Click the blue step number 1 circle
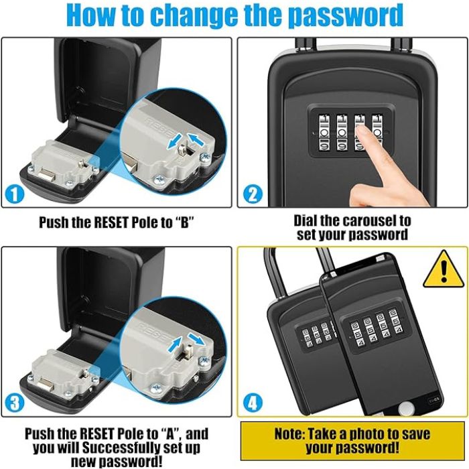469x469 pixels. pyautogui.click(x=14, y=195)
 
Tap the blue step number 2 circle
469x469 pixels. pyautogui.click(x=253, y=195)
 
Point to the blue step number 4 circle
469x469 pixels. pyautogui.click(x=253, y=403)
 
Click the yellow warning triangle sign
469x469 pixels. pyautogui.click(x=444, y=271)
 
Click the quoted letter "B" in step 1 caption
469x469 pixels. pyautogui.click(x=184, y=222)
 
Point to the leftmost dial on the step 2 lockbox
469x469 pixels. pyautogui.click(x=324, y=133)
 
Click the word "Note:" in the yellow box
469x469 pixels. pyautogui.click(x=289, y=433)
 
